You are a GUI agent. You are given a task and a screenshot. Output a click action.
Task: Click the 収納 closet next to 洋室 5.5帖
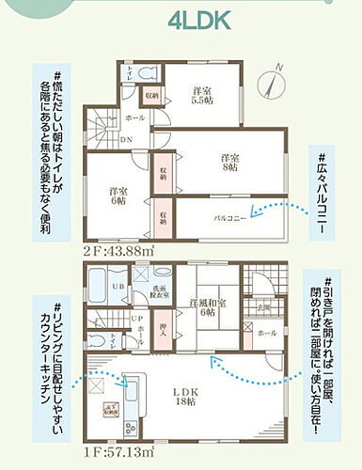[x=152, y=95]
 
